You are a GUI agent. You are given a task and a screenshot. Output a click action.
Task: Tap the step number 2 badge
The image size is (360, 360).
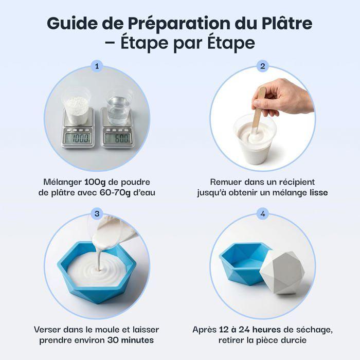(x=263, y=66)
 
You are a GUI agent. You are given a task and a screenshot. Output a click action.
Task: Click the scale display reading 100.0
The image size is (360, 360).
(x=80, y=138)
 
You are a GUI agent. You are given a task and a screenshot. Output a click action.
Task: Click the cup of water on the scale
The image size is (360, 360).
(x=118, y=107)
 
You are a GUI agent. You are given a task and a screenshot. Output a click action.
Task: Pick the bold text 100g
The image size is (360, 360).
(x=84, y=182)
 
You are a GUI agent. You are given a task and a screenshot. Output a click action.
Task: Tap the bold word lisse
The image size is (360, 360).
(x=319, y=193)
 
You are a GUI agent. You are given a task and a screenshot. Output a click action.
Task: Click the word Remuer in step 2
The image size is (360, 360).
(x=227, y=182)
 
